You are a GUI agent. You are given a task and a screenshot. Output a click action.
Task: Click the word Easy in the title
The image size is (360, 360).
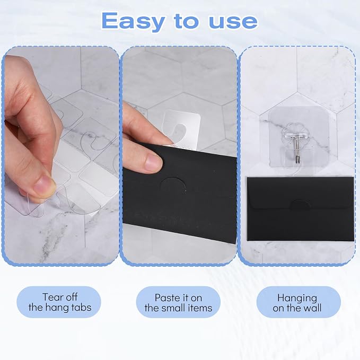tap(133, 22)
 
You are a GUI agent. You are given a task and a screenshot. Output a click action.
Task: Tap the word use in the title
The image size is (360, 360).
tap(233, 21)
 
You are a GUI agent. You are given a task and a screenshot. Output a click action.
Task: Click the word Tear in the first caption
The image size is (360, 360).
tap(51, 297)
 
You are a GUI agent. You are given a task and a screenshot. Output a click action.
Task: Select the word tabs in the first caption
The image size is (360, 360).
tap(82, 307)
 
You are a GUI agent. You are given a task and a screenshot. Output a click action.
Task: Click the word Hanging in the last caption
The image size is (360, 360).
tap(297, 298)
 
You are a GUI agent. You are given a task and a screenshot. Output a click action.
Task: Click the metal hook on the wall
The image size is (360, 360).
tap(296, 149)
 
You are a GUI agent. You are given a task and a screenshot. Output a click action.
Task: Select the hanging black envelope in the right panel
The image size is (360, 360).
tap(300, 208)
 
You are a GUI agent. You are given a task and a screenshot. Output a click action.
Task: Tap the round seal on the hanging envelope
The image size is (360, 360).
tap(300, 205)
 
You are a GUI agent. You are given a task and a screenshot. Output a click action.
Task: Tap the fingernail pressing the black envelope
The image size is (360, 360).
tap(154, 161)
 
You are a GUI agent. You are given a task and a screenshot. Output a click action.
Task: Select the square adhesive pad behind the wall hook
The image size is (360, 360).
tap(298, 137)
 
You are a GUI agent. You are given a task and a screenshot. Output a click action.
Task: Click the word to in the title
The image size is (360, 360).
tap(186, 21)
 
